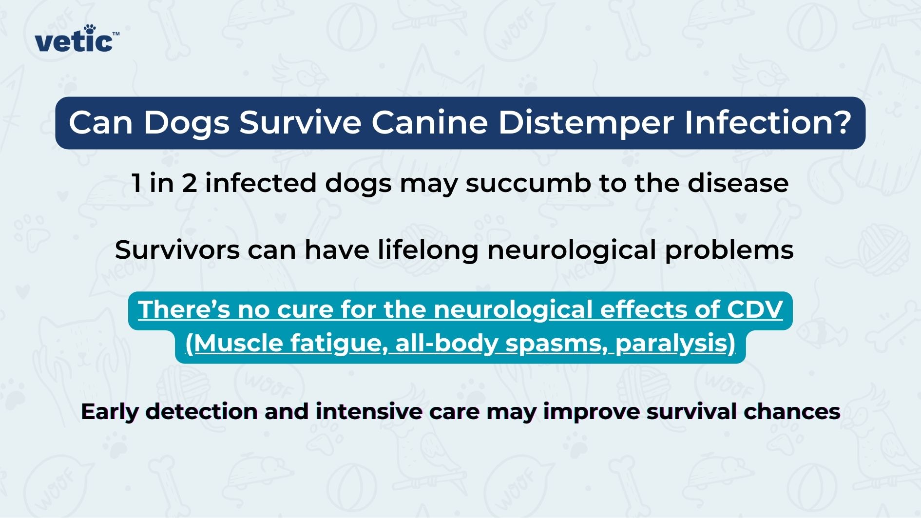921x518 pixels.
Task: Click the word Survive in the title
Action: pos(300,122)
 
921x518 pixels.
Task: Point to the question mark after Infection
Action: pos(841,122)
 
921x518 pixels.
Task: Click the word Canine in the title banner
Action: pos(429,122)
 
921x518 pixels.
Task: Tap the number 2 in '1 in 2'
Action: pos(189,183)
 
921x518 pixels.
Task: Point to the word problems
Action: pos(729,250)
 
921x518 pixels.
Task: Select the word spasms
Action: pos(556,344)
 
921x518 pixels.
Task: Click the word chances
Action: pos(791,412)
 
